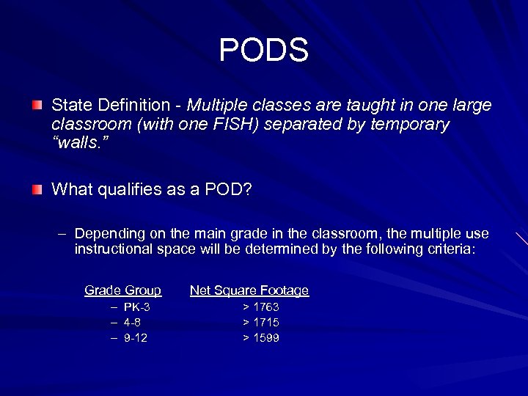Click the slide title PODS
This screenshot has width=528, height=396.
click(x=264, y=51)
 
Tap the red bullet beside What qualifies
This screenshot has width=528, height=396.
click(x=37, y=190)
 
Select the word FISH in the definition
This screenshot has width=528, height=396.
click(x=240, y=124)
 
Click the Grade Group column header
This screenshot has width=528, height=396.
click(x=122, y=290)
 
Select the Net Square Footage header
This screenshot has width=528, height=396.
click(x=249, y=290)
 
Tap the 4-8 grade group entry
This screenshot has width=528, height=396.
click(x=132, y=322)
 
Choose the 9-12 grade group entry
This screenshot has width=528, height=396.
click(x=136, y=337)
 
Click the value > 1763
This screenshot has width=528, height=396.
click(x=261, y=307)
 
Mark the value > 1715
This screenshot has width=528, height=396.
click(x=261, y=322)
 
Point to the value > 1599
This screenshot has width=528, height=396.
click(x=261, y=337)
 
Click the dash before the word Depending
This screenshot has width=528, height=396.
click(x=62, y=234)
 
